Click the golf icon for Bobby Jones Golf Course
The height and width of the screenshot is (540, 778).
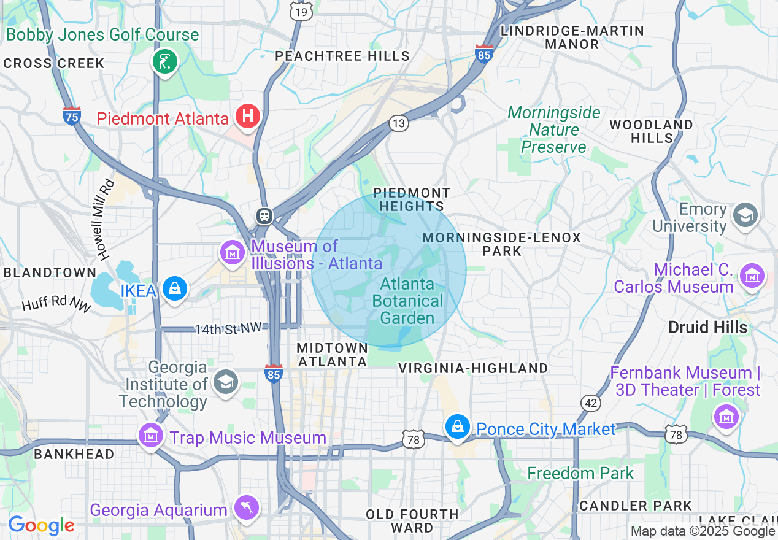pos(164,61)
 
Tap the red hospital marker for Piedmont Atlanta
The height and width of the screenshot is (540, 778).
pos(248,116)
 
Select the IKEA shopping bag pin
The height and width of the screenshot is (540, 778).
pos(175,288)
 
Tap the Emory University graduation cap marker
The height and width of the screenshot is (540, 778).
pos(746,215)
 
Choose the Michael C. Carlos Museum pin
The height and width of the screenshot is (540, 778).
pos(752,276)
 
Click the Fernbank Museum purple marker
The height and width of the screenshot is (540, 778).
pos(726,417)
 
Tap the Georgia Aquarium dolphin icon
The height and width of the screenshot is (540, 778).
pos(247,507)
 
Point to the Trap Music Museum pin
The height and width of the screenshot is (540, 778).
pos(151,435)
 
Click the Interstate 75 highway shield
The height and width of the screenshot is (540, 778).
pos(72,115)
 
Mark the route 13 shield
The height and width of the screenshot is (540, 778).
pos(399,123)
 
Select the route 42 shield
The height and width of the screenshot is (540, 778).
pos(591,403)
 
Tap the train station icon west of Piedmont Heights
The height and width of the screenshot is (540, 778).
pos(264,216)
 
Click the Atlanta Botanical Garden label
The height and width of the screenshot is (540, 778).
pos(407,301)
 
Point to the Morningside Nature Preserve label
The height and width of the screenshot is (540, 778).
pos(553,129)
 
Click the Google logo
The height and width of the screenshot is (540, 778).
pos(41,526)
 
